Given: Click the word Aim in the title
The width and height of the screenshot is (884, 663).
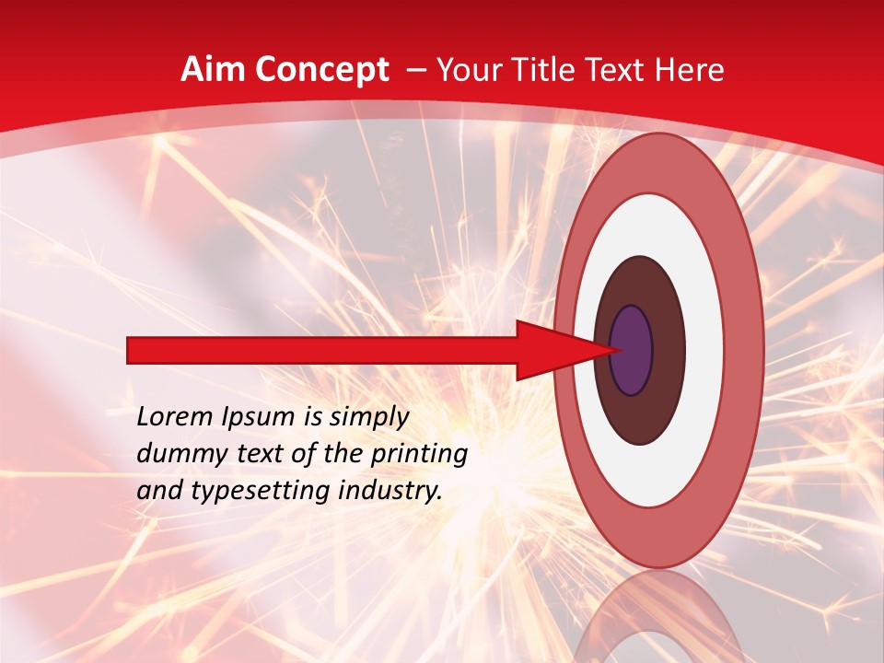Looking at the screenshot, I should [215, 70].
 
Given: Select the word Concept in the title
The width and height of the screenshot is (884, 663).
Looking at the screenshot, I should [321, 70].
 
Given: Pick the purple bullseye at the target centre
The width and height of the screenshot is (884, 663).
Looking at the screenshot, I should [632, 351].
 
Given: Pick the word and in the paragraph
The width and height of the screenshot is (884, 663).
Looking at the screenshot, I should [158, 492].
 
